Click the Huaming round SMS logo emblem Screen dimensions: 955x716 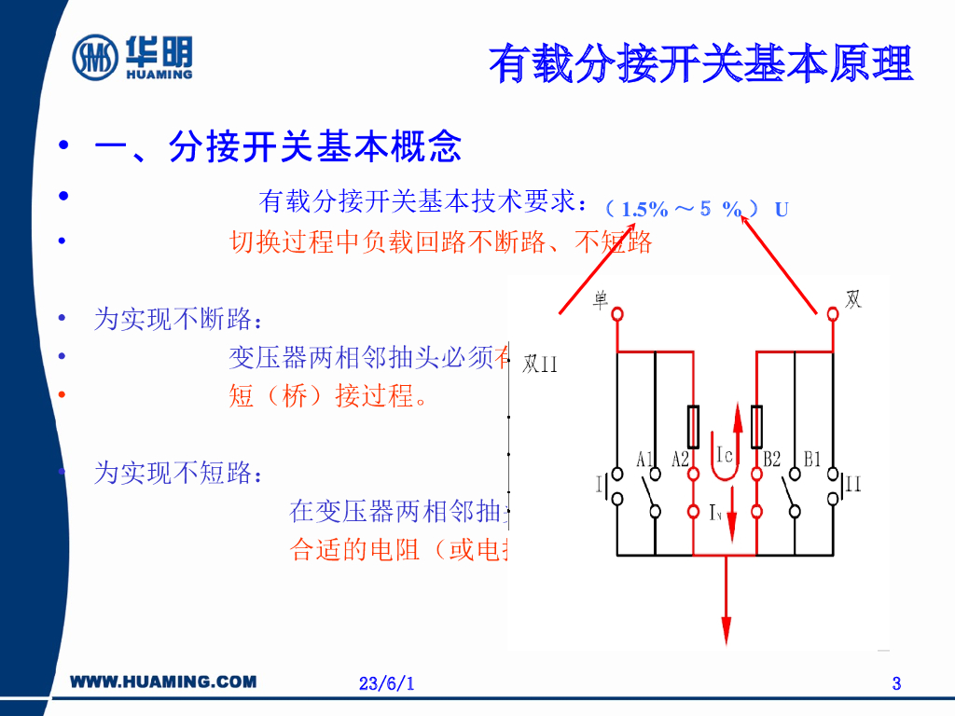96,58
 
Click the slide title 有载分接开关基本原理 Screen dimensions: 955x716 700,63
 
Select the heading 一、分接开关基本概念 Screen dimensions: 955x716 277,147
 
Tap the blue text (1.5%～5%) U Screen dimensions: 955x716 696,209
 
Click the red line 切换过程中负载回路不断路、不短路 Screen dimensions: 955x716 440,242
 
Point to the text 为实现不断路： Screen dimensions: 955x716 177,320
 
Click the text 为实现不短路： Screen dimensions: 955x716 177,473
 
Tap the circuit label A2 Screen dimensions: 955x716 681,459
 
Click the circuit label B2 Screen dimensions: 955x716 771,459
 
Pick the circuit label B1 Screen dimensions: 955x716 811,459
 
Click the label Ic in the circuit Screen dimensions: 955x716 727,455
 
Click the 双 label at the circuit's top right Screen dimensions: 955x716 852,300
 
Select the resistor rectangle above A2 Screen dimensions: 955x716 694,426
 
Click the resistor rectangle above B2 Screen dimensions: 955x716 756,426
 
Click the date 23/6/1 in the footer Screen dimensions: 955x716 386,684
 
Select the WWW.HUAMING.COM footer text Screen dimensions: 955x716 164,682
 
